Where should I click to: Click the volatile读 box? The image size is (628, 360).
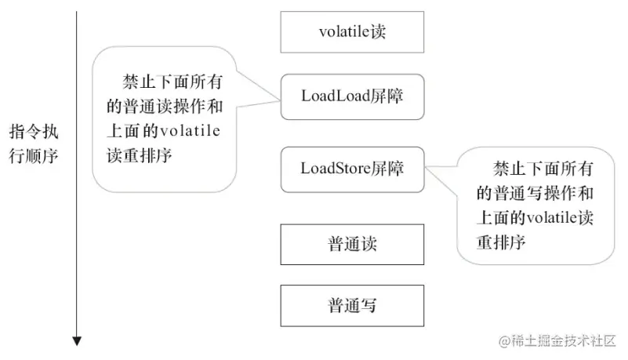(x=352, y=32)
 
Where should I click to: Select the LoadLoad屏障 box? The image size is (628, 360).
(x=352, y=96)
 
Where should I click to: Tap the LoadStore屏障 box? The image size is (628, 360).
(x=352, y=169)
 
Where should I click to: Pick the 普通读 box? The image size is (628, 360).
(x=352, y=244)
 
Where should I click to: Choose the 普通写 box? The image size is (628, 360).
(x=352, y=305)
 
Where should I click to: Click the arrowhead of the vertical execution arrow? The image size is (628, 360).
(x=77, y=340)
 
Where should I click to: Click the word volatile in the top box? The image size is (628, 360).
(x=341, y=32)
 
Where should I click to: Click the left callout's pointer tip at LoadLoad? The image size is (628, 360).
(x=280, y=99)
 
